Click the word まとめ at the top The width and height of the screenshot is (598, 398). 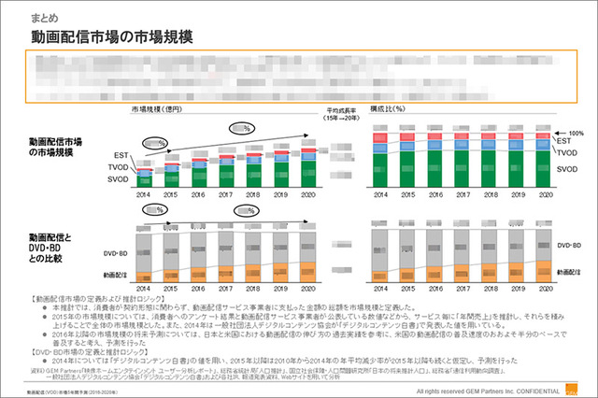(44, 16)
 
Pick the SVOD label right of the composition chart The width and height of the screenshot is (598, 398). (565, 170)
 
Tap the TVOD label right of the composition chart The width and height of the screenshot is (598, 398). (565, 151)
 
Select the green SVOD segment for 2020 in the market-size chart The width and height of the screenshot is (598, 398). (309, 173)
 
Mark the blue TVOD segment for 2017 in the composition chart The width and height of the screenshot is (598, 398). (468, 147)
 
